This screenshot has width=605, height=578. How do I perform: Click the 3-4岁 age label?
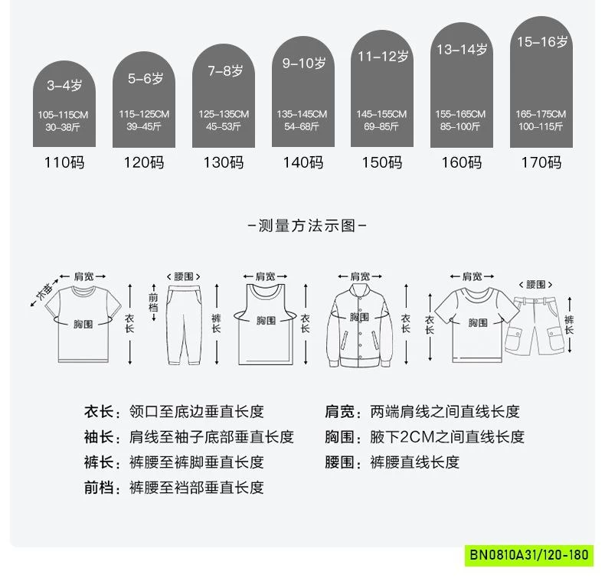tap(64, 85)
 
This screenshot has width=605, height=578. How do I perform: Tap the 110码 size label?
tap(64, 162)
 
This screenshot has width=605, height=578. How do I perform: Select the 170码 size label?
tap(541, 162)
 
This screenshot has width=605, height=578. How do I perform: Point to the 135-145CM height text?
tap(302, 114)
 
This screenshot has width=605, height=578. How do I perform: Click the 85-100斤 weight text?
tap(460, 126)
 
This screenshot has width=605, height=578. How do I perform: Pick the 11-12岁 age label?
tap(383, 57)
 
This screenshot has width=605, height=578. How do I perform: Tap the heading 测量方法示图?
tap(307, 226)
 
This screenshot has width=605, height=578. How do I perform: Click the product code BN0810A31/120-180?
tap(529, 555)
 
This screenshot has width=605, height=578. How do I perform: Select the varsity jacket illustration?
tap(360, 325)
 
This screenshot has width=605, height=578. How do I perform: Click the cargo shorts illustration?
tap(535, 325)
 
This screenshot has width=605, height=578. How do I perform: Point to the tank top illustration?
tap(266, 325)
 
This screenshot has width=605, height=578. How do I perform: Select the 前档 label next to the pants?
tap(153, 302)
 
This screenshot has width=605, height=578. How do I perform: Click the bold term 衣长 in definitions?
tap(99, 412)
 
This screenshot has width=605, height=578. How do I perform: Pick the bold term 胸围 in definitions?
tap(339, 437)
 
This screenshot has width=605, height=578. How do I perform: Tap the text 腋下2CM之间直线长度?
tap(447, 437)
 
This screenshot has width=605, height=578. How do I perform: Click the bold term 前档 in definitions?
tap(99, 488)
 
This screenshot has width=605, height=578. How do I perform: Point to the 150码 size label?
tap(382, 162)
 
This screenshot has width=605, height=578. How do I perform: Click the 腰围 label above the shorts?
tap(535, 285)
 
